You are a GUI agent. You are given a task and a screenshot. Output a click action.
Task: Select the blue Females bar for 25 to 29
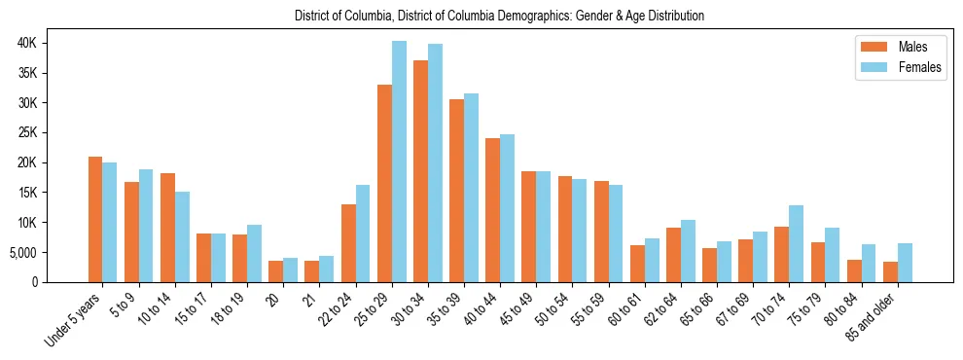399,162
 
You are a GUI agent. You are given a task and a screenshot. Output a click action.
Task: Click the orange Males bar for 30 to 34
420,171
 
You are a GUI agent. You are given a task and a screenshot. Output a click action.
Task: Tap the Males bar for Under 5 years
95,219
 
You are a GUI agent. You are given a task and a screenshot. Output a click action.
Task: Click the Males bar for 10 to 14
167,228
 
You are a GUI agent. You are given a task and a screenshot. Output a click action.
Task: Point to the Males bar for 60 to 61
637,264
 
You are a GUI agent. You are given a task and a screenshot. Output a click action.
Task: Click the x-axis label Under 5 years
74,322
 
